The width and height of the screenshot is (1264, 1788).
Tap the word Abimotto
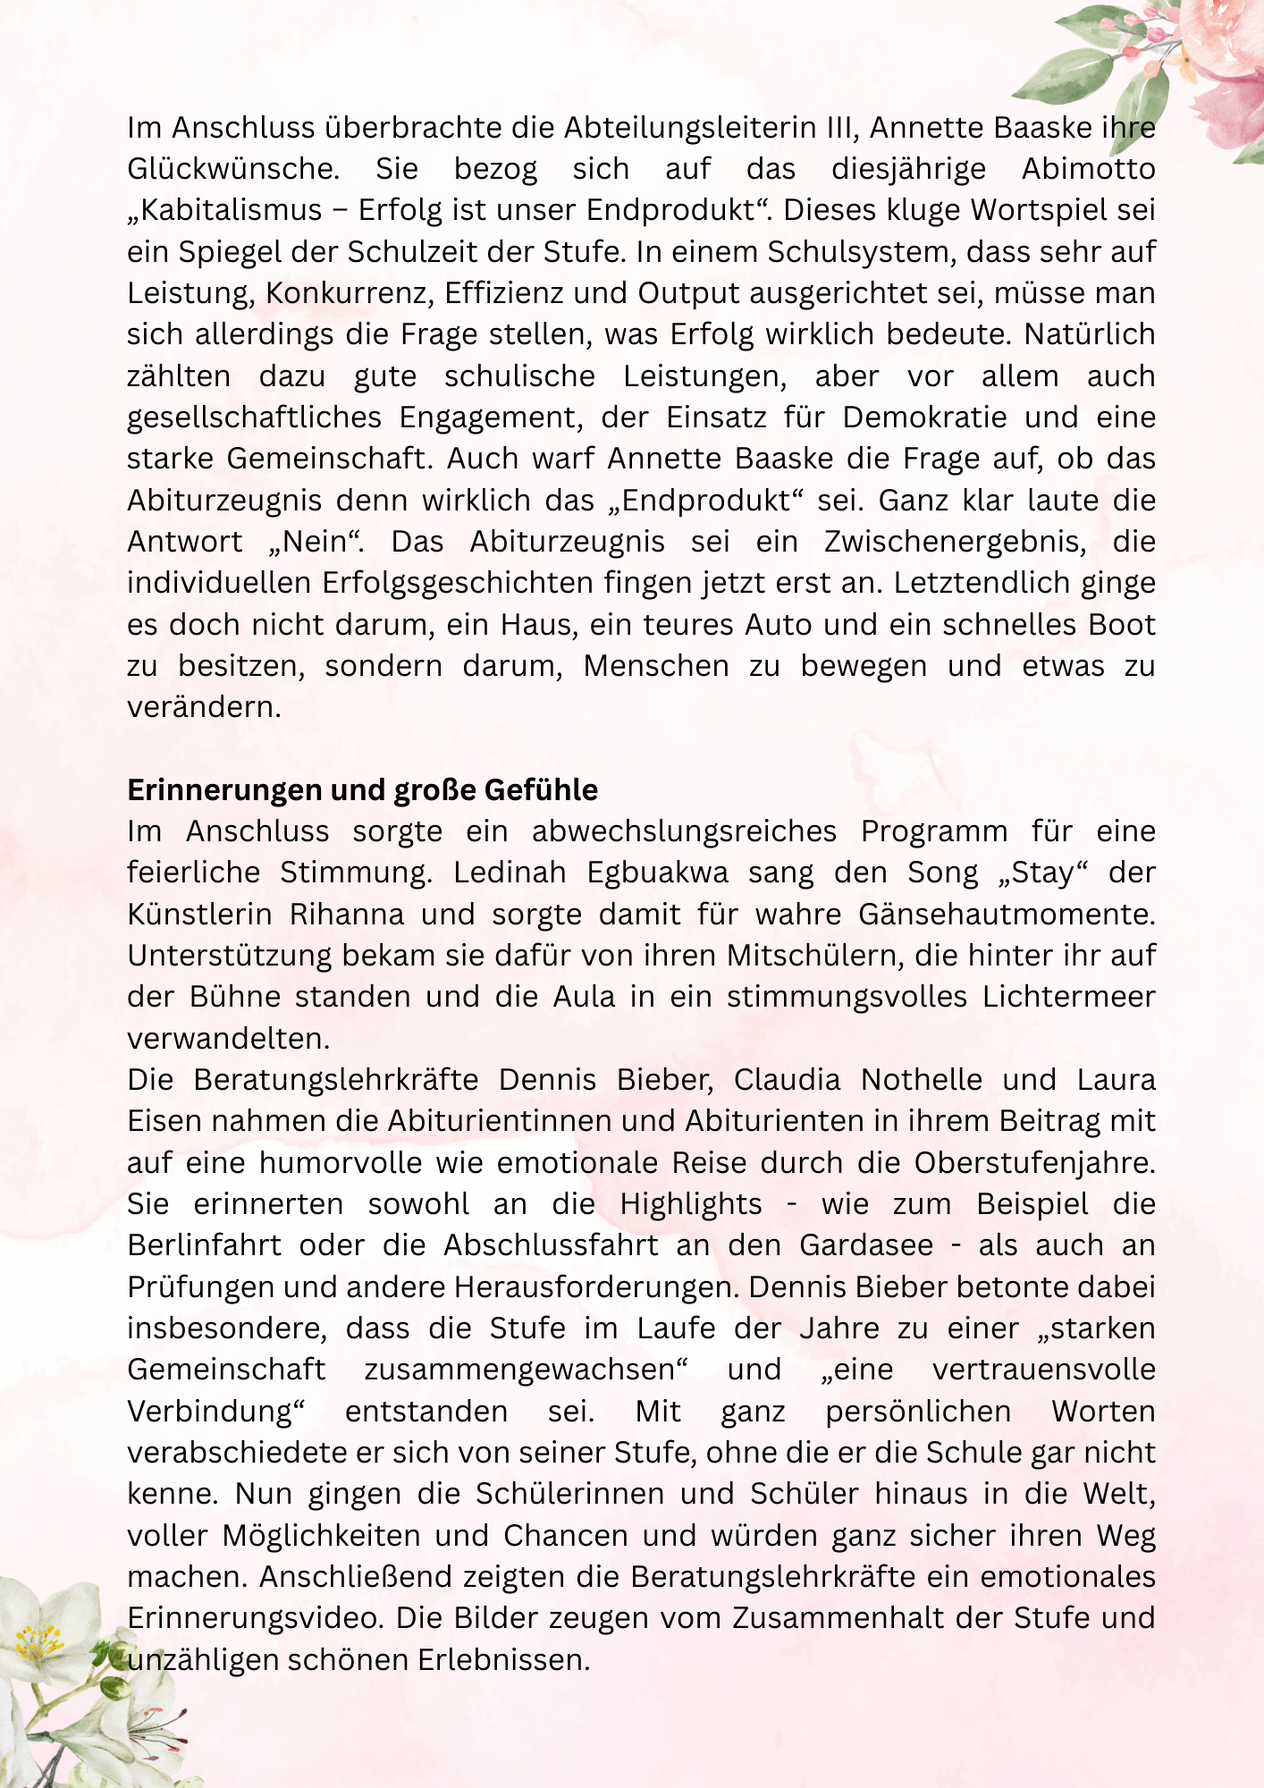1088,169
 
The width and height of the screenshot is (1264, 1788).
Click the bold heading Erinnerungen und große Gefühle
362,790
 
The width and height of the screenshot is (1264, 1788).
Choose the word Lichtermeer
1069,997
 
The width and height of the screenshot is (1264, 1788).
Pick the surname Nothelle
921,1080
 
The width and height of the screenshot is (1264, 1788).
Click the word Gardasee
866,1245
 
